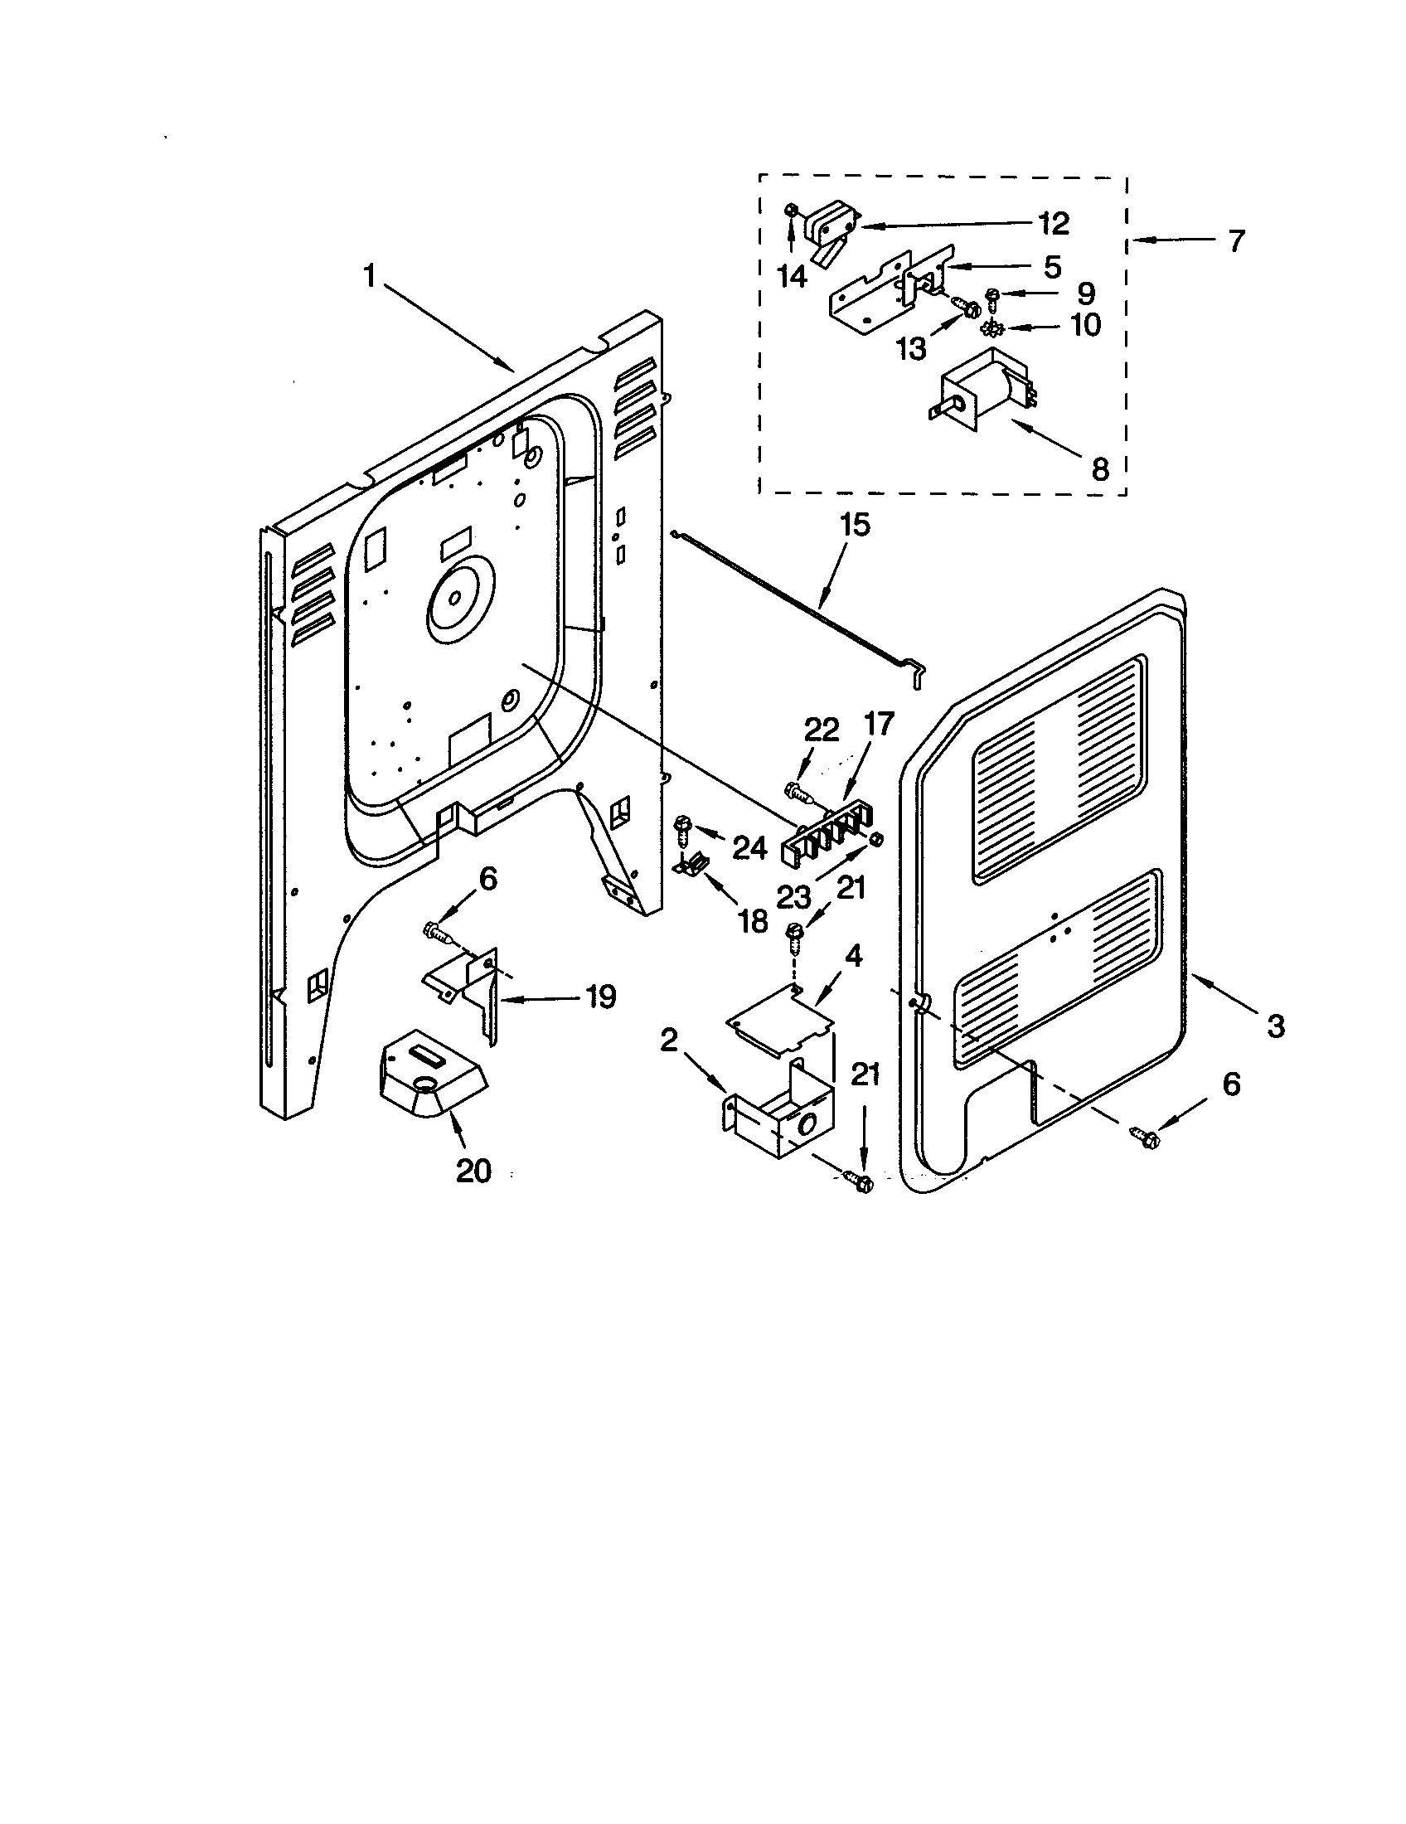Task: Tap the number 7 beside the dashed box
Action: pyautogui.click(x=1236, y=241)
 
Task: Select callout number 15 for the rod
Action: pyautogui.click(x=854, y=526)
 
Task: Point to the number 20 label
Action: pyautogui.click(x=473, y=1171)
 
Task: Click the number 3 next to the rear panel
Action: pyautogui.click(x=1275, y=1026)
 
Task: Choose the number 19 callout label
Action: pyautogui.click(x=599, y=996)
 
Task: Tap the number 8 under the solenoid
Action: pyautogui.click(x=1100, y=469)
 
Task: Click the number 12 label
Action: pyautogui.click(x=1054, y=223)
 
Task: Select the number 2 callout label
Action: pyautogui.click(x=669, y=1041)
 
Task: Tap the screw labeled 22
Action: pyautogui.click(x=798, y=791)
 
